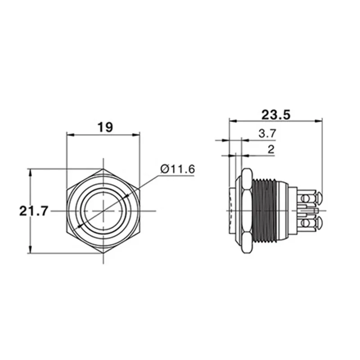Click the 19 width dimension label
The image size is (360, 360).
(105, 127)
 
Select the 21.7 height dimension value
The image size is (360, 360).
(34, 211)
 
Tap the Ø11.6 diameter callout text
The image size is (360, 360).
(177, 169)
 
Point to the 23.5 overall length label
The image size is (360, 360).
(276, 114)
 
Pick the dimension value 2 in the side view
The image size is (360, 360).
(270, 150)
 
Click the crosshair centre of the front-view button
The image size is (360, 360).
(103, 211)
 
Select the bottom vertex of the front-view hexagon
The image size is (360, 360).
(103, 252)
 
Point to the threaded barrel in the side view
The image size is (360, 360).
(264, 211)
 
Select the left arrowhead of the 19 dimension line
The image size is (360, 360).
(69, 134)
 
